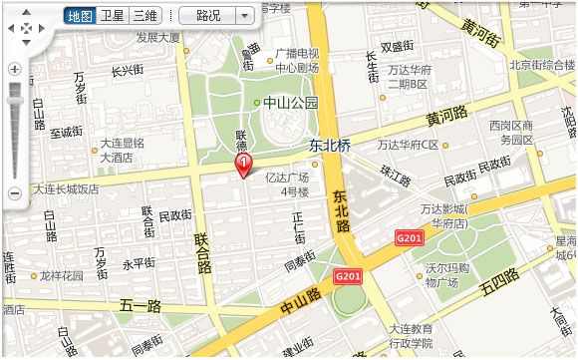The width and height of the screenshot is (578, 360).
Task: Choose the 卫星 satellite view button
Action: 113,16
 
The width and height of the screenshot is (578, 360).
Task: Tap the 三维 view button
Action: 145,16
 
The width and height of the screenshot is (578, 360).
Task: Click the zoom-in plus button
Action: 14,70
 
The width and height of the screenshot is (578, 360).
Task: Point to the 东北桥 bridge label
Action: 330,145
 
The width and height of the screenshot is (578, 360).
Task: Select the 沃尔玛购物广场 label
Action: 448,275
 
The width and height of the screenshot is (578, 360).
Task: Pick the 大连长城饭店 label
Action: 66,189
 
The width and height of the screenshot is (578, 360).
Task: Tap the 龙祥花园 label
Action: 61,275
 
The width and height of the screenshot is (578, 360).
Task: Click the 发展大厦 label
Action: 157,38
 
